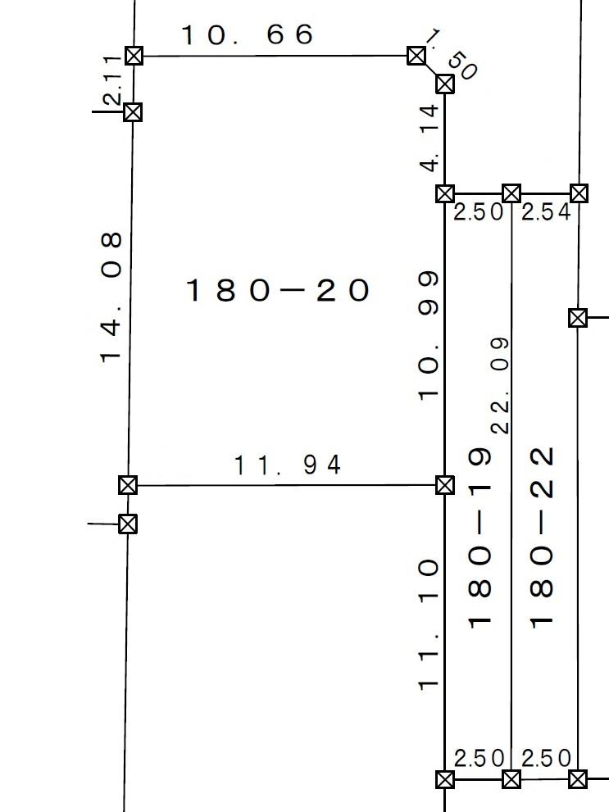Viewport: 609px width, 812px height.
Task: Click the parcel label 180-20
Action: [278, 290]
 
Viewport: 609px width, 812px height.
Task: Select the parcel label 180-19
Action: [479, 538]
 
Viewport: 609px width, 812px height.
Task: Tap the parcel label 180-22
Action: [542, 538]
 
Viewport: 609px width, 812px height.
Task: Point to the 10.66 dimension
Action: [247, 34]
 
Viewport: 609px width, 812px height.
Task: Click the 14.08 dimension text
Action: [111, 297]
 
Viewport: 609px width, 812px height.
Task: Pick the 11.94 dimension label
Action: [288, 465]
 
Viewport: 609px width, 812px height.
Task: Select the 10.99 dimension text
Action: [429, 336]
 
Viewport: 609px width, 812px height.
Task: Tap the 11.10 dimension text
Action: [429, 624]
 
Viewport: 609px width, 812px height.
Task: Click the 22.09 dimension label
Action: [500, 385]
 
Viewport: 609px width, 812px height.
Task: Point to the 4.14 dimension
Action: [429, 138]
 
